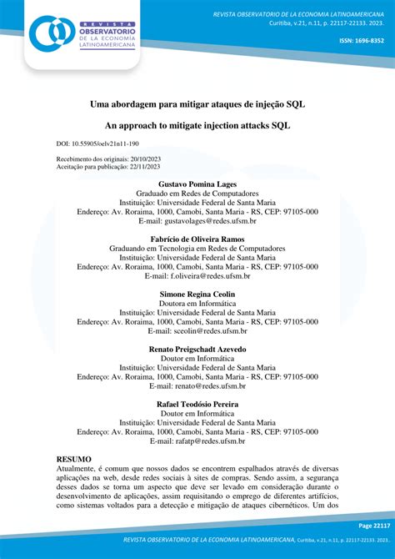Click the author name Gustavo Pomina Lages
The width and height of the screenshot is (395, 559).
click(x=197, y=184)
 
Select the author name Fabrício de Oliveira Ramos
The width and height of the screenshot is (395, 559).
click(x=197, y=239)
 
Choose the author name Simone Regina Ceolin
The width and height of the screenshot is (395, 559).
click(x=197, y=295)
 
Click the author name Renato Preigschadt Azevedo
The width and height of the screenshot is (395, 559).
click(x=197, y=349)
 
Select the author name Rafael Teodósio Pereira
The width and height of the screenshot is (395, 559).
click(x=197, y=404)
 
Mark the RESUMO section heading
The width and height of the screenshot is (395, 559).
click(x=73, y=460)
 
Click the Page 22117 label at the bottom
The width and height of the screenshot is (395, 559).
click(x=373, y=526)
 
